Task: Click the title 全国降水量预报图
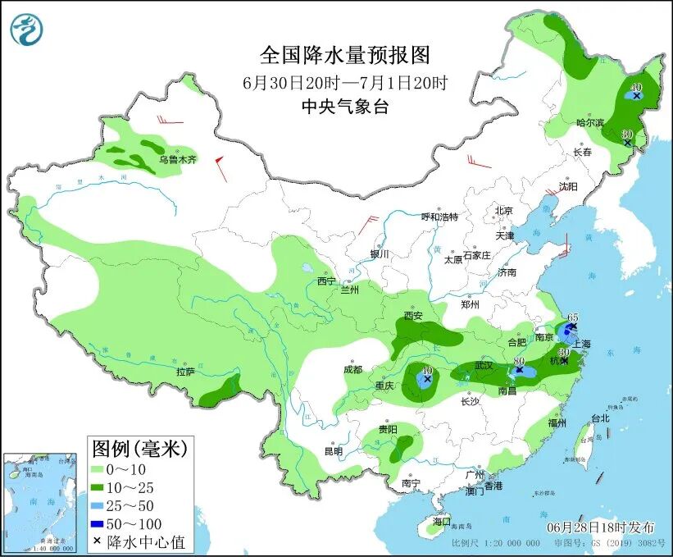tap(344, 55)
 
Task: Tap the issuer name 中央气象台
tap(344, 106)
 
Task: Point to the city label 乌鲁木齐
tap(177, 160)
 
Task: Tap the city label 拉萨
tap(185, 372)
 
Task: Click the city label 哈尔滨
tap(589, 122)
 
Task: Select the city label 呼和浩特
tap(439, 217)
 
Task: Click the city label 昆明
tap(333, 450)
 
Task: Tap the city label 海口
tap(441, 521)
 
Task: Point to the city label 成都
tap(352, 369)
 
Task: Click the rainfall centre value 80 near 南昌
tap(518, 361)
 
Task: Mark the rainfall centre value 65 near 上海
tap(573, 317)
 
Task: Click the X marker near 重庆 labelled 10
tap(427, 379)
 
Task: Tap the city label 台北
tap(600, 418)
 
